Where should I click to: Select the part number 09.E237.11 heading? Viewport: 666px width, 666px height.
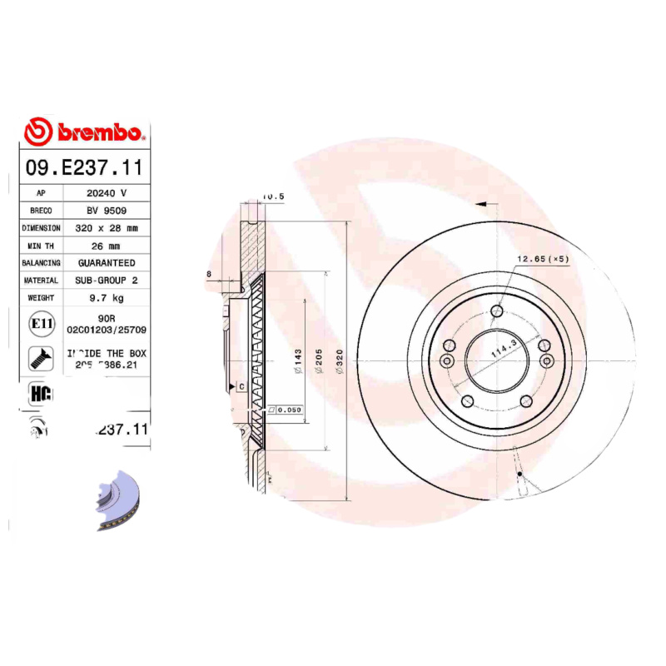84,167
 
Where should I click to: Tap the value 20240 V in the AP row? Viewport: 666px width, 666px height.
107,192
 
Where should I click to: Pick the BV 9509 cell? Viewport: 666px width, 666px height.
107,210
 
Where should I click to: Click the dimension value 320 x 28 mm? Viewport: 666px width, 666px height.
107,227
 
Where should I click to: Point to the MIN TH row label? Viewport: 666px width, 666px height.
41,246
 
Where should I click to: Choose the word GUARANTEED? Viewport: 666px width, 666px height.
107,263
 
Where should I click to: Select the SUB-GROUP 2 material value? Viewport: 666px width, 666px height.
107,281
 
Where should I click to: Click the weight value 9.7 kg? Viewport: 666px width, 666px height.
107,298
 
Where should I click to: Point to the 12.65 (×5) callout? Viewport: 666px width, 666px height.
542,259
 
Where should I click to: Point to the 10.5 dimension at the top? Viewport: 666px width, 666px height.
273,196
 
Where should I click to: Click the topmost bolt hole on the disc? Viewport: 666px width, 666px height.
497,312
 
